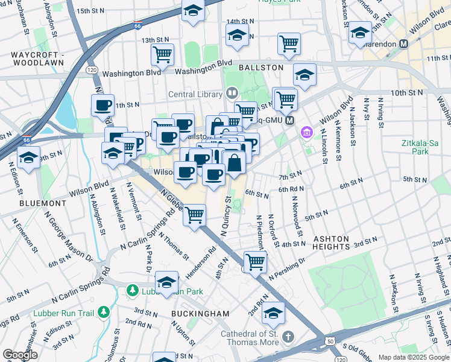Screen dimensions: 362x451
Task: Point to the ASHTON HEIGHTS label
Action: [x=331, y=243]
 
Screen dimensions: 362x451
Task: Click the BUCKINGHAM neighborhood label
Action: [x=200, y=314]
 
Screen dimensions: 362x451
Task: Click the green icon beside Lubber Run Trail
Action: [x=104, y=312]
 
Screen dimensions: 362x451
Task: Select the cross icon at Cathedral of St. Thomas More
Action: [x=288, y=336]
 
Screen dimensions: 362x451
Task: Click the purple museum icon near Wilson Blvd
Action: [x=307, y=132]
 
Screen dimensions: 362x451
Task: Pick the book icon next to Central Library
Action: [x=231, y=93]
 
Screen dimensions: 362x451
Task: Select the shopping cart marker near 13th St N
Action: [x=162, y=54]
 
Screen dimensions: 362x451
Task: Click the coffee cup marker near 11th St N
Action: [x=102, y=106]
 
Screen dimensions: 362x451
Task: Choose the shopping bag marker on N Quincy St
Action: [x=234, y=162]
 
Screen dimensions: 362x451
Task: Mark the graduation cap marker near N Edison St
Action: [x=28, y=157]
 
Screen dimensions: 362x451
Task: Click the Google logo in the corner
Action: [x=20, y=355]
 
